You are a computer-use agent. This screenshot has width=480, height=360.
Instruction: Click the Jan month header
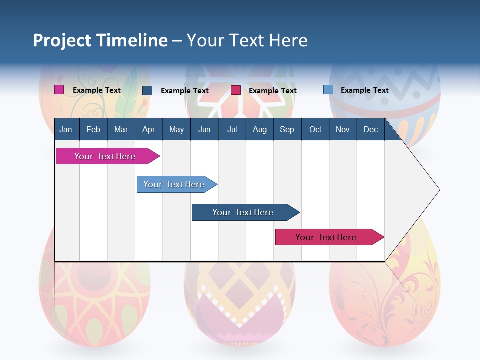coord(66,129)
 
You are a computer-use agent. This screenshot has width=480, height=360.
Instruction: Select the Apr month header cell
coord(148,129)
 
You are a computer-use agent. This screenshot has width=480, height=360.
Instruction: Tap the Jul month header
coord(232,129)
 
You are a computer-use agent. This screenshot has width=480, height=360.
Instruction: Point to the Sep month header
coord(287,129)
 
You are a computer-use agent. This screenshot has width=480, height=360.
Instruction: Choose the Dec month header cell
coord(370,129)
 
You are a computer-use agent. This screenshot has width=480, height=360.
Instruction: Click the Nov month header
coord(342,129)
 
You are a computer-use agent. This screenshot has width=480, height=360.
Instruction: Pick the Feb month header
coord(93,129)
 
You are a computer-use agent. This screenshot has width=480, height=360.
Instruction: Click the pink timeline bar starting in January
coord(105,156)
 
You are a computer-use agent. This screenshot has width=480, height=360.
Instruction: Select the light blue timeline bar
coord(174,184)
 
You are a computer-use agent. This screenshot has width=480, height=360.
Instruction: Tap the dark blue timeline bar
coord(243,212)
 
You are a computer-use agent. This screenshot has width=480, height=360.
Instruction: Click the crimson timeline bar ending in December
coord(326,237)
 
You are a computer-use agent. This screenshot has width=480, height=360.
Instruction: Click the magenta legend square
coord(59,90)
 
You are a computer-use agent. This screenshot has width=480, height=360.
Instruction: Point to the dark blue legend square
coord(147,90)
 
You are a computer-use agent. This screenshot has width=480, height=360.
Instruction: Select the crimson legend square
coord(236,90)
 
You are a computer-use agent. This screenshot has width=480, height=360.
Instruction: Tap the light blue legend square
coord(328,90)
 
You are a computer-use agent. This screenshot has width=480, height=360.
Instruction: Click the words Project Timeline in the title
coord(100,40)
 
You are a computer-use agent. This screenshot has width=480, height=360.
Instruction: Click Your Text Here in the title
coord(247,40)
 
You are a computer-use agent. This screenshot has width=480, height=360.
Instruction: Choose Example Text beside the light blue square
coord(364,90)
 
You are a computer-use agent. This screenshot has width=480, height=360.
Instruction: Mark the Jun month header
coord(204,129)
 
